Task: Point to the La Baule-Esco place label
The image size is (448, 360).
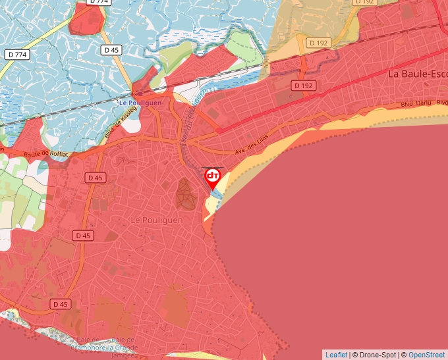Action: [x=417, y=73]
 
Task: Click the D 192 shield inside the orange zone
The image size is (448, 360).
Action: [x=317, y=43]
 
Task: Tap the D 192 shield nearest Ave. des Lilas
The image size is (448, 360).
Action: [x=304, y=86]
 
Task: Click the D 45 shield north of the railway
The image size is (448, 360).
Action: [x=111, y=49]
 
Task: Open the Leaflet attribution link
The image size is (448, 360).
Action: [x=336, y=355]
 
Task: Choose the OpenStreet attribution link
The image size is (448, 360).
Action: [x=426, y=355]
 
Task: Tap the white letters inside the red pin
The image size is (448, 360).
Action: [x=213, y=176]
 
